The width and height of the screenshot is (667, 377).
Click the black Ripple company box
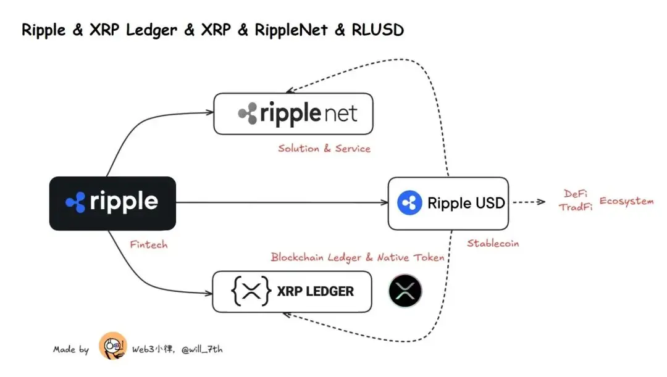[112, 203]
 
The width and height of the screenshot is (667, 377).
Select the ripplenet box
[293, 114]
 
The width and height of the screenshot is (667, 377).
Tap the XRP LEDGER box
[292, 291]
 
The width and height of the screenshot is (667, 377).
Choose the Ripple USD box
[448, 203]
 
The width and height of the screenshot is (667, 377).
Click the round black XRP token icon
[405, 291]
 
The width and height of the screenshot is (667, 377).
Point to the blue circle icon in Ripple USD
[409, 203]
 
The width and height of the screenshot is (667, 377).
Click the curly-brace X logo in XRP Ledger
[251, 291]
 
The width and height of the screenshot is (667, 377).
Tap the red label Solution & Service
[324, 149]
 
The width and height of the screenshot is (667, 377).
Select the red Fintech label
[148, 244]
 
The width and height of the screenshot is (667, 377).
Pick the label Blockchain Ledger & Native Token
[357, 257]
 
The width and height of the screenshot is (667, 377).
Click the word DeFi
[576, 194]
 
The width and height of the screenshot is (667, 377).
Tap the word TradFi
[576, 208]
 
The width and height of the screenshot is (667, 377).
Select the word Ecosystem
[626, 202]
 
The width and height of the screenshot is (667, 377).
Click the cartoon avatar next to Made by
[112, 347]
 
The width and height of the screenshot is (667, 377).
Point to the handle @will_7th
[202, 349]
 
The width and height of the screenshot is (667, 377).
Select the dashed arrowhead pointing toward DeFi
[542, 202]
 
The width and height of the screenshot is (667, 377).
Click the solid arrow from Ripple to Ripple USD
[281, 202]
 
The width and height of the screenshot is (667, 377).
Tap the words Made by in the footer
[70, 349]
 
